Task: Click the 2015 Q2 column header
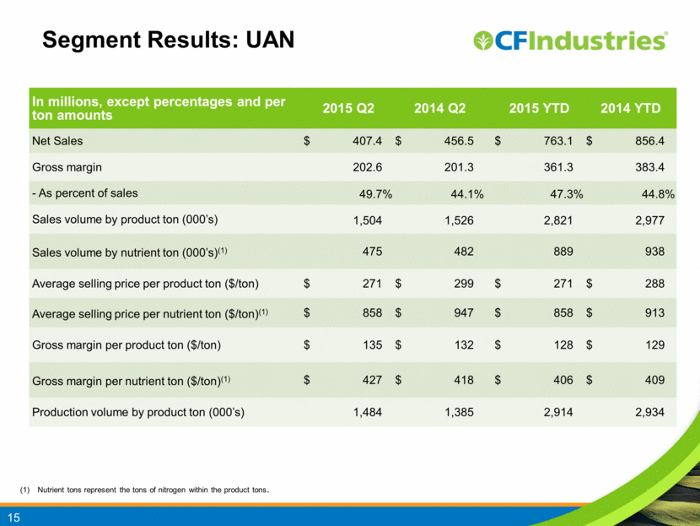coord(348,108)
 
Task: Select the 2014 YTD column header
coord(630,108)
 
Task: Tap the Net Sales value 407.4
coord(367,141)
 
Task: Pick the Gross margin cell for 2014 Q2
coord(459,167)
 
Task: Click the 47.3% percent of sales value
coord(566,194)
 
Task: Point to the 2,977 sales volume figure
coord(649,220)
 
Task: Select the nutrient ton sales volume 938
coord(654,252)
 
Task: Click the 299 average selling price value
coord(464,284)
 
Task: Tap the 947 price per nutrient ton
coord(464,312)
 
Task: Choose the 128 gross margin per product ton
coord(563,344)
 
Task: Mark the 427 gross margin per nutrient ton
coord(372,380)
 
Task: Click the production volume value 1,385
coord(459,412)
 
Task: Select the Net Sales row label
coord(57,141)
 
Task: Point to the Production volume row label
coord(138,412)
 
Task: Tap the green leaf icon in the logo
coord(483,41)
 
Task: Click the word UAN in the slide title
coord(270,40)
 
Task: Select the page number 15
coord(13,518)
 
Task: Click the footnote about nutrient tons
coord(144,490)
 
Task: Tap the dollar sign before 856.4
coord(590,141)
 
